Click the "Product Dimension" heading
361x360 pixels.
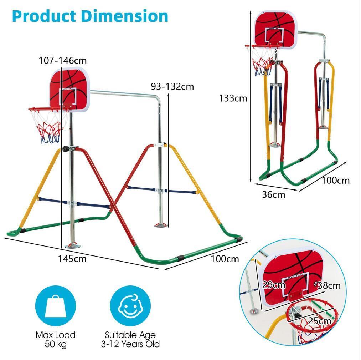pyautogui.click(x=90, y=16)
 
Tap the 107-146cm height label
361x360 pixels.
pyautogui.click(x=63, y=60)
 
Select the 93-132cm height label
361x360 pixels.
pyautogui.click(x=172, y=86)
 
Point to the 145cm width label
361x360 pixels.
pyautogui.click(x=72, y=258)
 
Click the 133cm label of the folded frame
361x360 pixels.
pyautogui.click(x=233, y=98)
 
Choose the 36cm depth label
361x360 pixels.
pyautogui.click(x=274, y=194)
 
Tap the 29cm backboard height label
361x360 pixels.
pyautogui.click(x=274, y=285)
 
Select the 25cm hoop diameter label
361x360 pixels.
pyautogui.click(x=319, y=321)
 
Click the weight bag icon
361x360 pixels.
pyautogui.click(x=56, y=306)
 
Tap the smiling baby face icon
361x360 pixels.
pyautogui.click(x=130, y=306)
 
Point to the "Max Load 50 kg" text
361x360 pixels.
pyautogui.click(x=56, y=339)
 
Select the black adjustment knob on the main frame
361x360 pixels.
pyautogui.click(x=66, y=149)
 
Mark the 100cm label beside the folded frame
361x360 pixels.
pyautogui.click(x=335, y=180)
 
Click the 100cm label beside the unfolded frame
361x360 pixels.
pyautogui.click(x=225, y=259)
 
